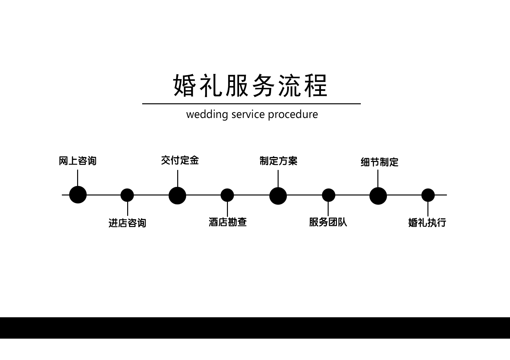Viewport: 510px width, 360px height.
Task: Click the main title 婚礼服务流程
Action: (x=251, y=85)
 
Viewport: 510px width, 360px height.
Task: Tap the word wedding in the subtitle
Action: (x=207, y=114)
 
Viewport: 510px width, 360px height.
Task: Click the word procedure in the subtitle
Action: (x=293, y=114)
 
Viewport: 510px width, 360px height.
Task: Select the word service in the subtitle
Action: (x=247, y=114)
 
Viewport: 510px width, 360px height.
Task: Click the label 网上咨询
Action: (x=77, y=161)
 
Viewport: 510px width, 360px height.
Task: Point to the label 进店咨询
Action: (x=127, y=223)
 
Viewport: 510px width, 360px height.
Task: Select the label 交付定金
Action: (x=180, y=160)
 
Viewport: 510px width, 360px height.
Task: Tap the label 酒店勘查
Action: (x=228, y=222)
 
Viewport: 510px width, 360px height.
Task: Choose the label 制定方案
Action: (x=278, y=161)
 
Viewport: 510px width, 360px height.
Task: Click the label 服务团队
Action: (x=328, y=222)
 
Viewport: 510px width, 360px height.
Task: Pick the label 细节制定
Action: (x=379, y=162)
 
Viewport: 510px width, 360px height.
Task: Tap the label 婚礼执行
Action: (x=427, y=222)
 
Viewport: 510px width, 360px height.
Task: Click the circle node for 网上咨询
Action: (x=78, y=195)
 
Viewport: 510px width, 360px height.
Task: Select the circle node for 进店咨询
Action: (x=127, y=195)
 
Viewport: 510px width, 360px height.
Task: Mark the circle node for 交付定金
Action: (x=177, y=195)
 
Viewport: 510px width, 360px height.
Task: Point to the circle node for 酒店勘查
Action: (x=227, y=195)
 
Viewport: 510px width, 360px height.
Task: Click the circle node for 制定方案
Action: (x=278, y=196)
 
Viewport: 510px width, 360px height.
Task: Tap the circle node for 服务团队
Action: (x=328, y=195)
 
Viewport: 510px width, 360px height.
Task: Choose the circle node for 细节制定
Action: (x=378, y=196)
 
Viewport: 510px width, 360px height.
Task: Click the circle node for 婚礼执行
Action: (x=428, y=195)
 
